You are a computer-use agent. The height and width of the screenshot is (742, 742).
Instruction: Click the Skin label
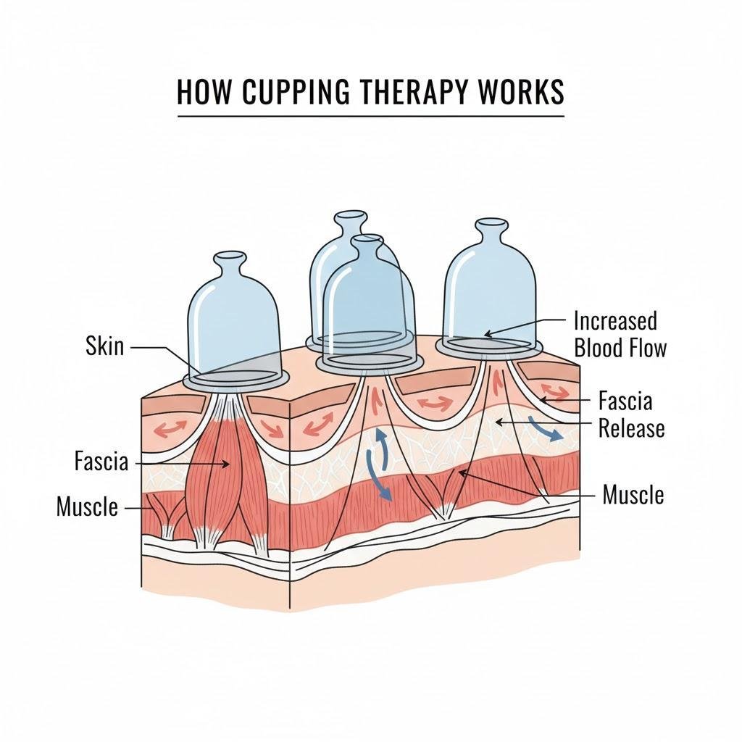(104, 346)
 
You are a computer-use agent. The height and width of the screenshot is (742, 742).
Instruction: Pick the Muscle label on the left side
(87, 507)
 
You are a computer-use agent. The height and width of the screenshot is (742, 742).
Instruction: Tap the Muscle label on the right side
(633, 495)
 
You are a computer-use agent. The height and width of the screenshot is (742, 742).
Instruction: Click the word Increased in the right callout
(615, 321)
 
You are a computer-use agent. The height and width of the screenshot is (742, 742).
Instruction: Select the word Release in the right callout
(631, 428)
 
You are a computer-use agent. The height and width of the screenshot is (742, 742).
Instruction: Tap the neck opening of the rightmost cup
(493, 223)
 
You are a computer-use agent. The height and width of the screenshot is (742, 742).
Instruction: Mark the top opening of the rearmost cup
(351, 216)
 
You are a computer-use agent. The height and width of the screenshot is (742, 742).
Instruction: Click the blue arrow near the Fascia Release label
(545, 429)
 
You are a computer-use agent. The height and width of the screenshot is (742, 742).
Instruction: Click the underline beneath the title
(371, 116)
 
